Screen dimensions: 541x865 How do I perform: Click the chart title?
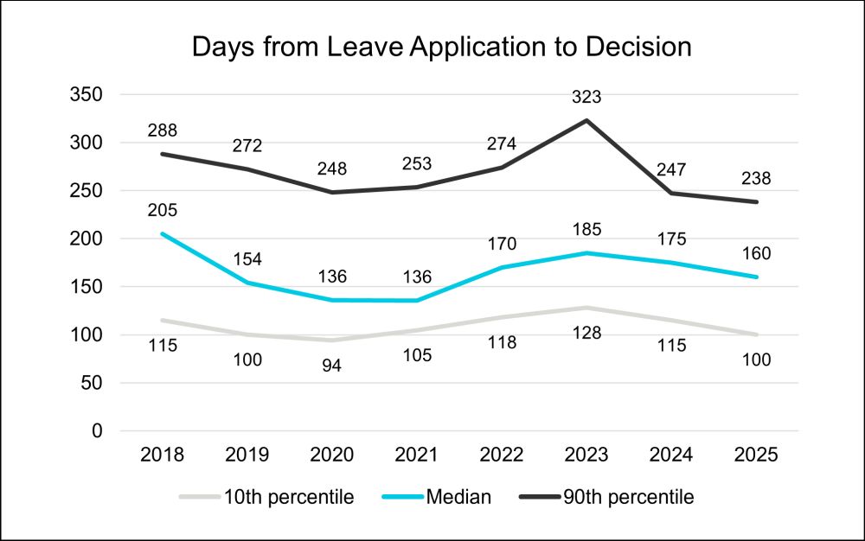pos(442,47)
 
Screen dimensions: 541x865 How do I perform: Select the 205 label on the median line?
pos(163,210)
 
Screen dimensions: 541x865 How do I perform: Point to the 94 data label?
pos(332,365)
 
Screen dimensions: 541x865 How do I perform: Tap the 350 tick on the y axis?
pos(86,95)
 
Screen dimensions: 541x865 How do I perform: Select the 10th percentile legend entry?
pos(267,497)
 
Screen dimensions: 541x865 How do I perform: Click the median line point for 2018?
pos(163,233)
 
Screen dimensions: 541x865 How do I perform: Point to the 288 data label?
pos(163,131)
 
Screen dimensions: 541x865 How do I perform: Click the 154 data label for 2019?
pos(247,259)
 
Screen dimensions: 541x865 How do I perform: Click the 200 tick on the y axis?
pos(86,239)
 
